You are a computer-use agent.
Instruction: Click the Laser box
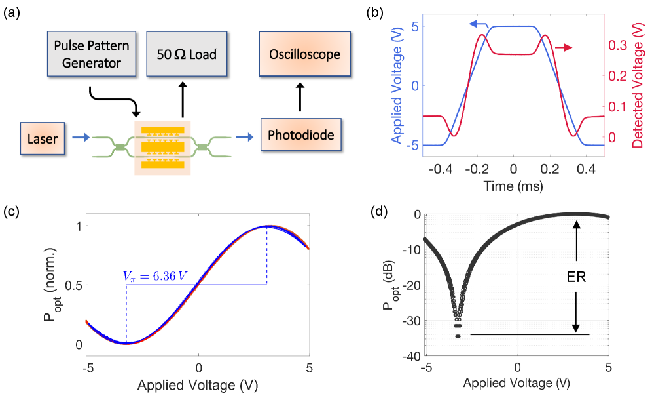43,138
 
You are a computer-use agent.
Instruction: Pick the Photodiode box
300,136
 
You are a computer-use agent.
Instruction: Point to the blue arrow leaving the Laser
79,138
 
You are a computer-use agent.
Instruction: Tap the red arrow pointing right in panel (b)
564,47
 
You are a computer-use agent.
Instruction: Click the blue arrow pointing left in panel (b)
477,24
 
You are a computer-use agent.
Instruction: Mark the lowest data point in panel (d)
458,336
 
